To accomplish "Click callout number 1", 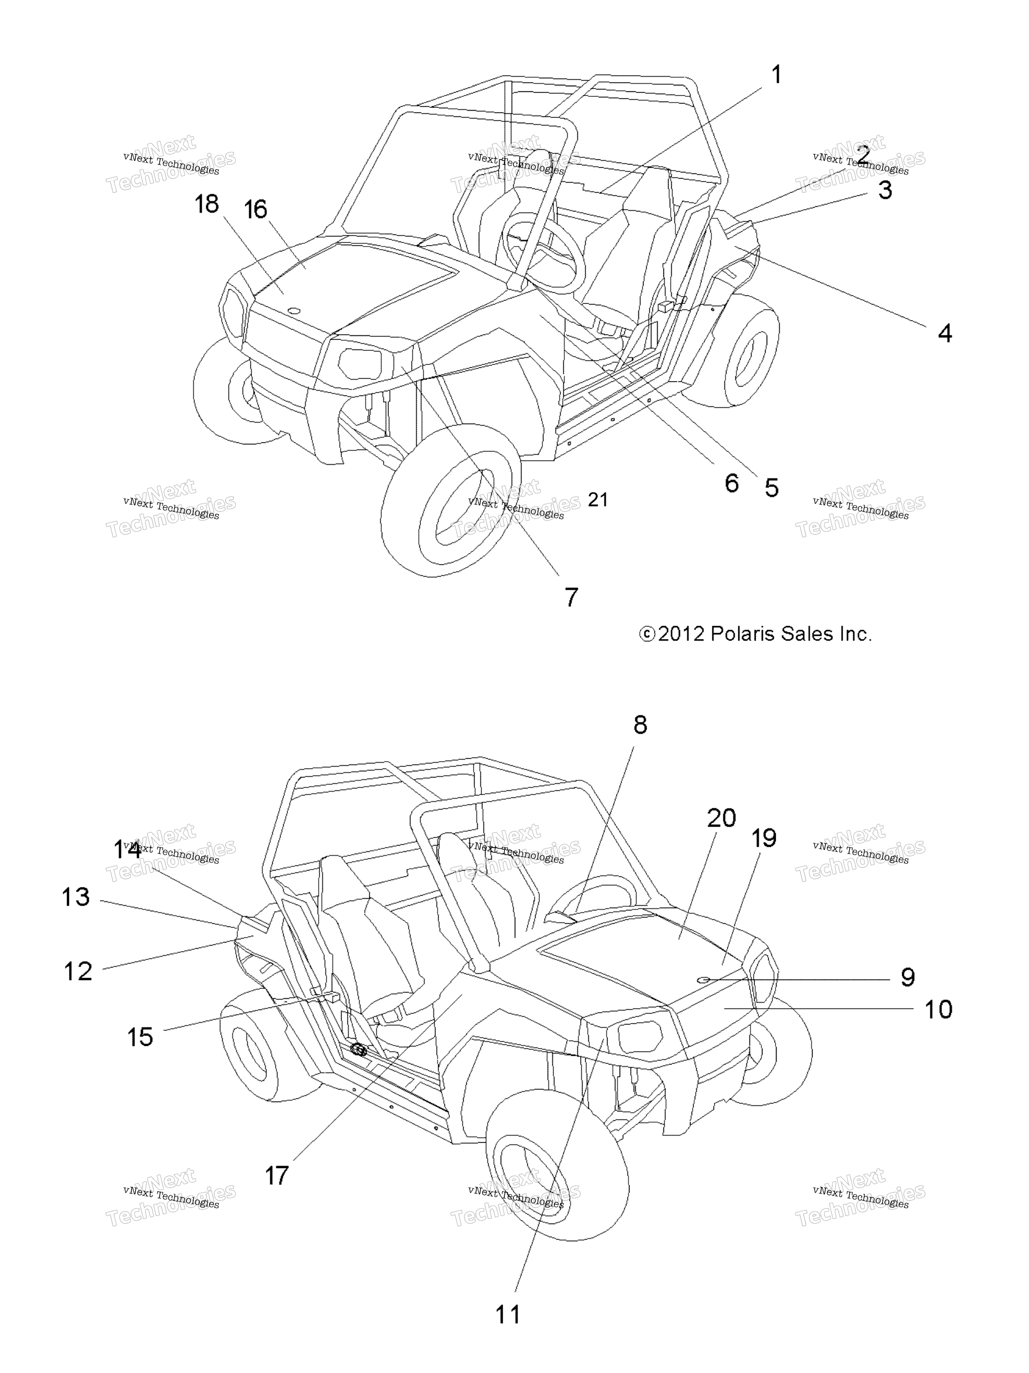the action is coord(776,75).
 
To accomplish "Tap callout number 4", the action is coord(944,333).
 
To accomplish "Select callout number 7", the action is coord(571,597).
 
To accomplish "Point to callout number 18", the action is coord(207,204).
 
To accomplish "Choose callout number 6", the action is coord(732,483).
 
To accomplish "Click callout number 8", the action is coord(640,724).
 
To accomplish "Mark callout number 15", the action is coord(140,1037).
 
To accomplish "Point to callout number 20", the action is coord(722,818).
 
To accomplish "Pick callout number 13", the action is coord(75,897).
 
